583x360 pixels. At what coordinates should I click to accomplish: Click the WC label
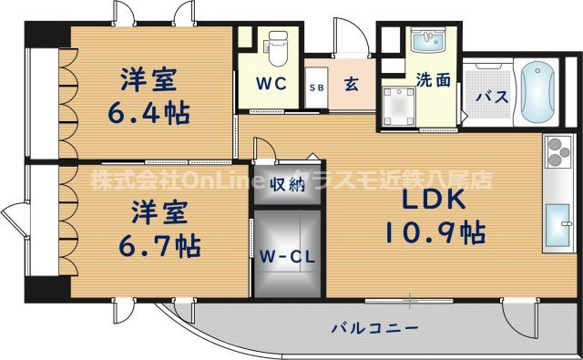click(x=271, y=83)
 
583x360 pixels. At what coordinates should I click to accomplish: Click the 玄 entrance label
click(x=351, y=86)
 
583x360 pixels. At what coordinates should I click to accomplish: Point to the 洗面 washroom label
click(x=433, y=79)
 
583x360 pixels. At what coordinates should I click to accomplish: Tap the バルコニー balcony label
click(x=374, y=327)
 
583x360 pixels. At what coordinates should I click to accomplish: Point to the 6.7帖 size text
click(x=161, y=246)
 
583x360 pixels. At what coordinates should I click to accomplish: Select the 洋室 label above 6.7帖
click(x=161, y=215)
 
